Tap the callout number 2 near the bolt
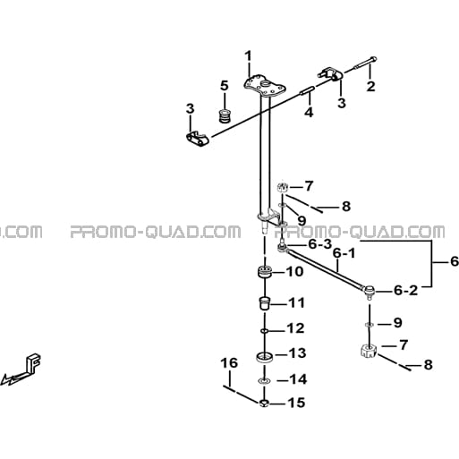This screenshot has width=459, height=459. [370, 87]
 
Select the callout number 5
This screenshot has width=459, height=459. [224, 86]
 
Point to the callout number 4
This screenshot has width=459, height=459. [309, 113]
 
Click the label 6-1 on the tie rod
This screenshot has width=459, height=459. [344, 253]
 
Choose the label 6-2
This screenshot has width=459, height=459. [406, 291]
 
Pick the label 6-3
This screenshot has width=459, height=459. [320, 244]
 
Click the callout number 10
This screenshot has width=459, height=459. [294, 272]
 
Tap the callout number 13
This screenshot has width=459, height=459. [296, 353]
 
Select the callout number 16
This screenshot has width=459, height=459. [229, 363]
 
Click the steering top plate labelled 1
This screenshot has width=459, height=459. [264, 86]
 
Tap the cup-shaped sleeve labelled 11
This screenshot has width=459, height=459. [264, 303]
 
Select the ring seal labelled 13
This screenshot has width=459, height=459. [265, 357]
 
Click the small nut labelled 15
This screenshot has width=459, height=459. [264, 404]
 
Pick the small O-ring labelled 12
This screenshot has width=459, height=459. [264, 331]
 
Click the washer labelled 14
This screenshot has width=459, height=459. [264, 381]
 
